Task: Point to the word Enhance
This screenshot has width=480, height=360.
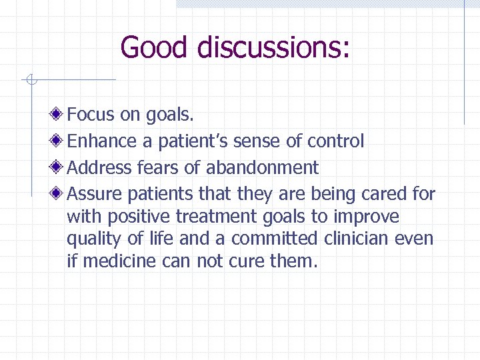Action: point(101,141)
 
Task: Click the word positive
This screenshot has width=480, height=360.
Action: point(140,217)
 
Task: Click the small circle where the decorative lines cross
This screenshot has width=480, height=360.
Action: point(30,81)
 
